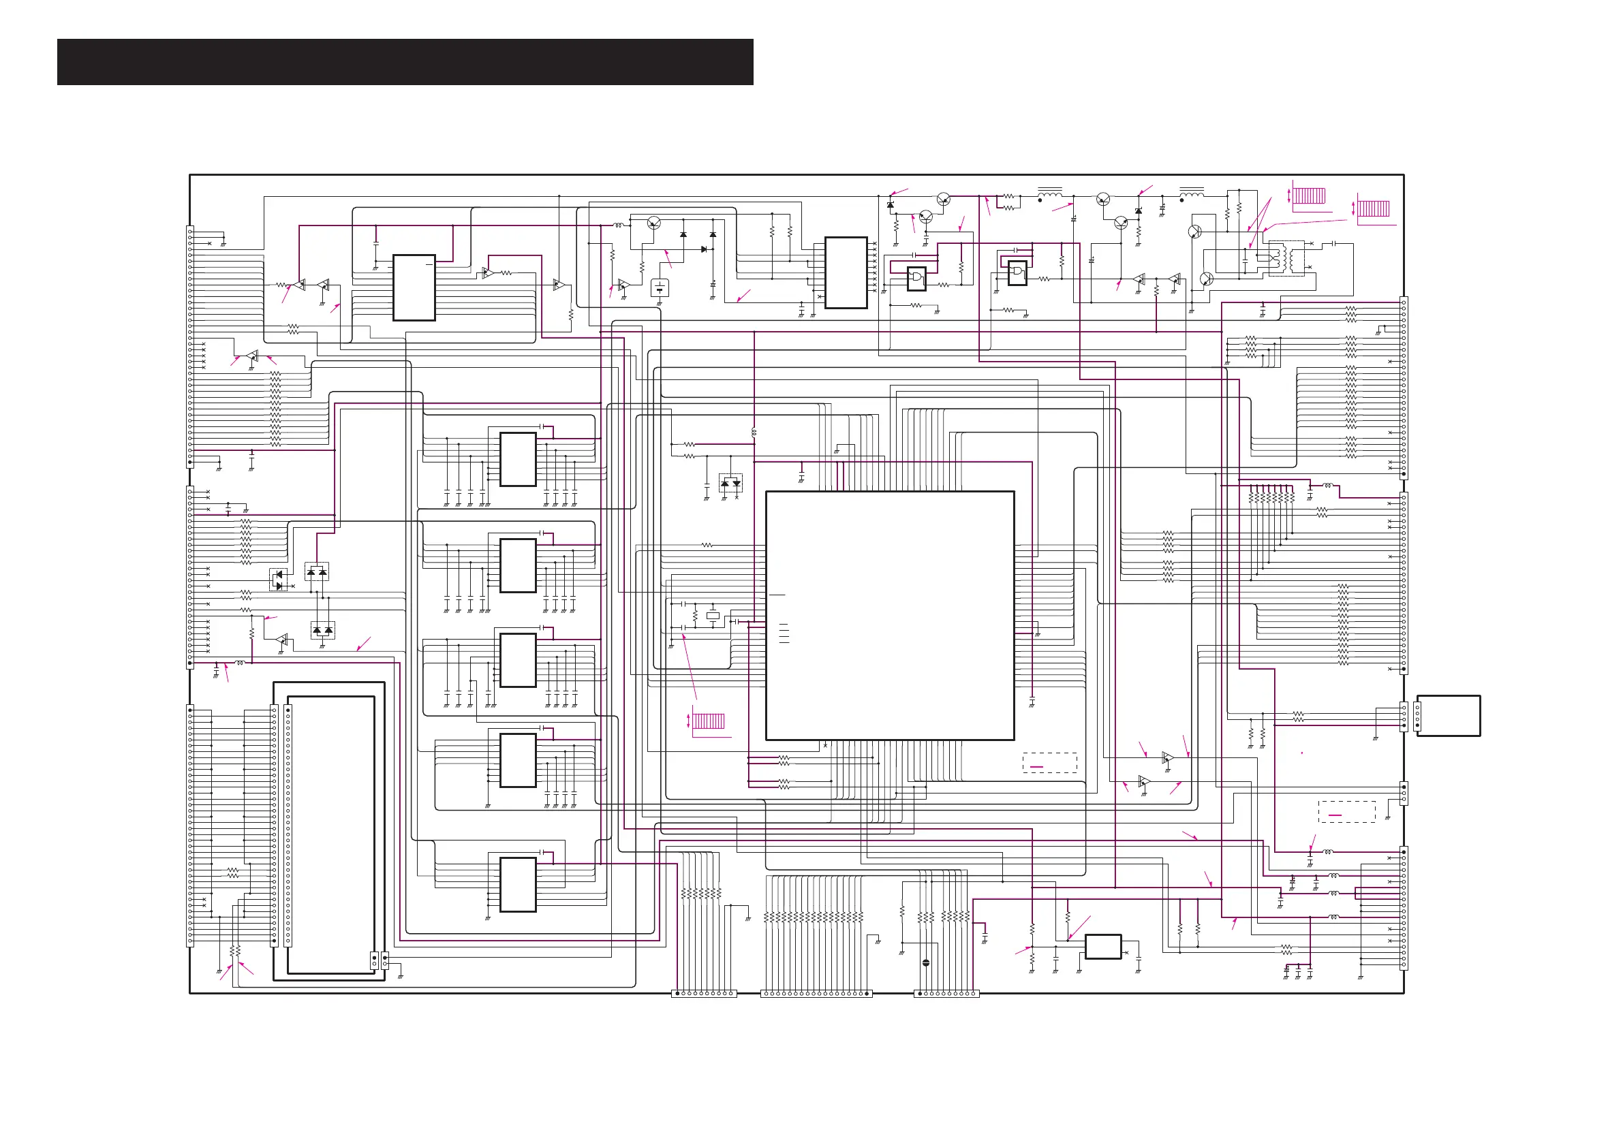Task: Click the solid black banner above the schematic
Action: tap(405, 62)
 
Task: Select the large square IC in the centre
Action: tap(890, 616)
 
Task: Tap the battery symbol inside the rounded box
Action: tap(659, 287)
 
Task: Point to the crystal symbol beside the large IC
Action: tap(713, 616)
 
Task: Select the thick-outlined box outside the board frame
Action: tap(1449, 716)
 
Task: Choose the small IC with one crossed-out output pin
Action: tap(1102, 947)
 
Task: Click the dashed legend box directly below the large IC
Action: tap(1050, 764)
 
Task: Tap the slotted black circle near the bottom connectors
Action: tap(926, 962)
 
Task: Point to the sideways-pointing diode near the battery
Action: tap(704, 249)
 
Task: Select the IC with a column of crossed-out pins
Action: tap(846, 273)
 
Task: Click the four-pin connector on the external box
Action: tap(1417, 716)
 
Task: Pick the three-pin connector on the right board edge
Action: tap(1404, 793)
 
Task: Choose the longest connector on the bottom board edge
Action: tap(816, 994)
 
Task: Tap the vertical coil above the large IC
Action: tap(754, 431)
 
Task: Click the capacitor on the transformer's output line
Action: tap(1333, 243)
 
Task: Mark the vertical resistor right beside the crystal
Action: tap(696, 616)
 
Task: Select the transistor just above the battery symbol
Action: tap(654, 224)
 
